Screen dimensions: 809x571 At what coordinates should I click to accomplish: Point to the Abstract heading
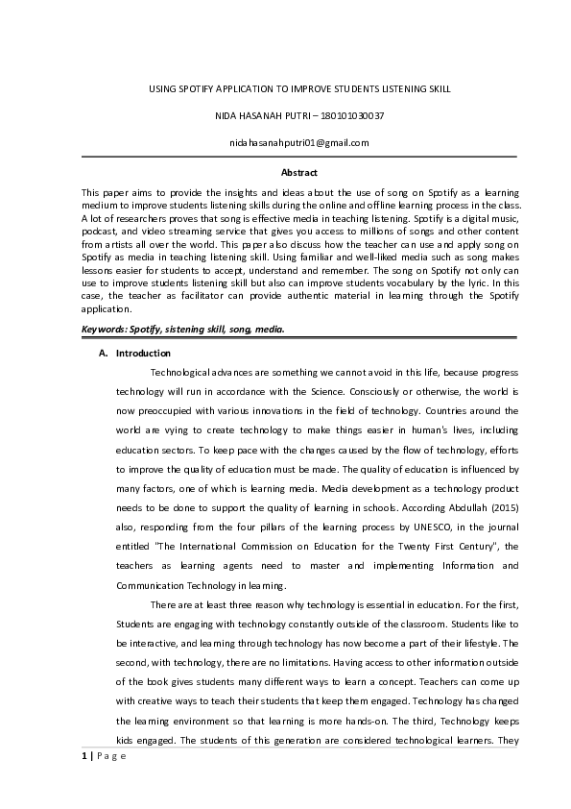[x=298, y=173]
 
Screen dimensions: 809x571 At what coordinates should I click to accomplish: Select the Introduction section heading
[x=143, y=354]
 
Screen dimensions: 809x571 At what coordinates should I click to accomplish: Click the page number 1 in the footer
[x=84, y=754]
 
